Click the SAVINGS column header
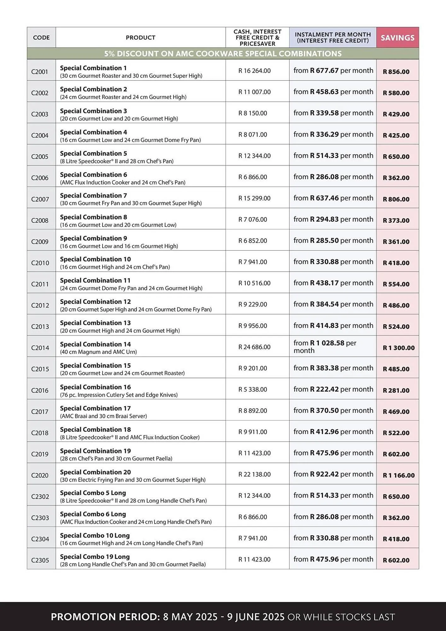(397, 38)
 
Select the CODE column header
(41, 38)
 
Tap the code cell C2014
(40, 348)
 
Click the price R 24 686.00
(254, 347)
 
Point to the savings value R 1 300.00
(398, 348)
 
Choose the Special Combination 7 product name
(93, 196)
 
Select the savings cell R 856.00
(396, 72)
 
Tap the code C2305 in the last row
(40, 560)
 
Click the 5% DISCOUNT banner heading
(223, 54)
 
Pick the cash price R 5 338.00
(253, 389)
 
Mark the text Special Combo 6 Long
(93, 514)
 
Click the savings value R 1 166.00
(398, 475)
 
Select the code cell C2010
(40, 263)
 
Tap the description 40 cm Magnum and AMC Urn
(98, 352)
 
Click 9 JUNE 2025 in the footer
(256, 617)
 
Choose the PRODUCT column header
(140, 38)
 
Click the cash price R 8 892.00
(253, 410)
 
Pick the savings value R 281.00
(396, 390)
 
